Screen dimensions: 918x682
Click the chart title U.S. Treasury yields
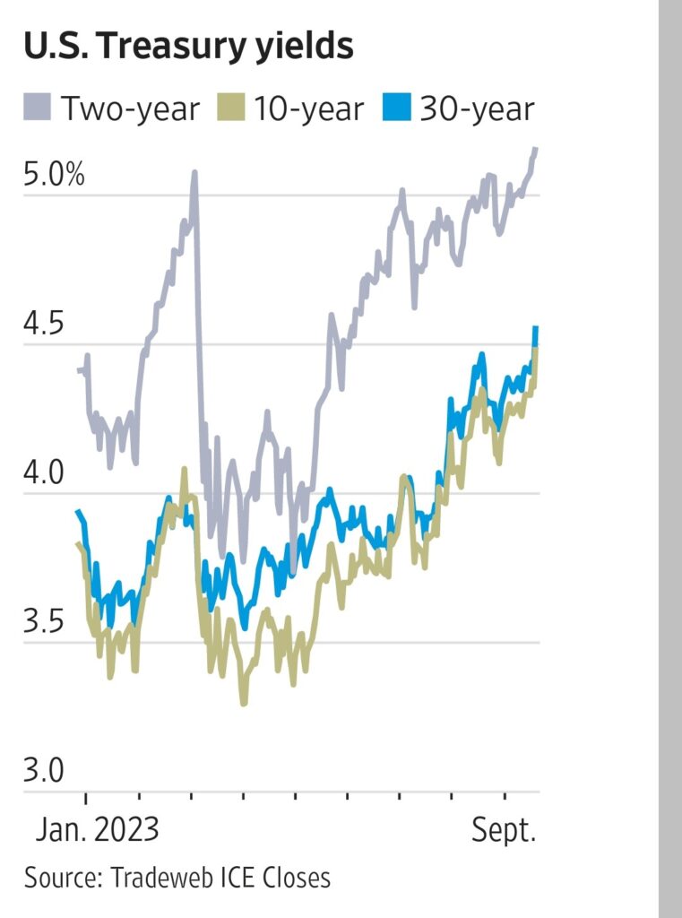[x=188, y=46]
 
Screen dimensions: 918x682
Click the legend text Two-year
[x=130, y=109]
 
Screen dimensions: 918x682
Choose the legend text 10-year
[x=308, y=109]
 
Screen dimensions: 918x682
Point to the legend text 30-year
[x=475, y=109]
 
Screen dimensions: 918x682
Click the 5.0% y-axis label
[x=55, y=175]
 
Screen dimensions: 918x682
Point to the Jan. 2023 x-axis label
[x=98, y=830]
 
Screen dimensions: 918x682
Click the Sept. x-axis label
[x=504, y=830]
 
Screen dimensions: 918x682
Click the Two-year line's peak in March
[x=194, y=172]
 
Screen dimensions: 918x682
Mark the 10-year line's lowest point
[x=243, y=703]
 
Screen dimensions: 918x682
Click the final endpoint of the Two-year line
[x=536, y=149]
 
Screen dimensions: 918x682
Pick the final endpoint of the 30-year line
[x=536, y=328]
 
